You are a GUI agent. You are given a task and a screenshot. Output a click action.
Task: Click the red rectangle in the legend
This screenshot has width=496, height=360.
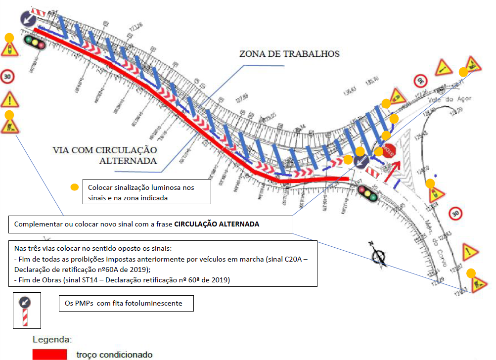pos(49,354)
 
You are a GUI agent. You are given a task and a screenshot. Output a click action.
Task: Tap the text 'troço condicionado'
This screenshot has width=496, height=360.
pos(114,355)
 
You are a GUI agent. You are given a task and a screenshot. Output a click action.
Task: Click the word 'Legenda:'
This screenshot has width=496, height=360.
pos(52,340)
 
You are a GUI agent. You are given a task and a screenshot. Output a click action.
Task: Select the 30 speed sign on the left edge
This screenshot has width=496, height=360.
pos(8,76)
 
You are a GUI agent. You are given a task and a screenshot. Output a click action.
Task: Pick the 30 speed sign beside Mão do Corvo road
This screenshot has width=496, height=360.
pos(456,214)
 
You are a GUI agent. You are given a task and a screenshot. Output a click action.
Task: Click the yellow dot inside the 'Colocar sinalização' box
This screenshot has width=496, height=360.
pos(74,187)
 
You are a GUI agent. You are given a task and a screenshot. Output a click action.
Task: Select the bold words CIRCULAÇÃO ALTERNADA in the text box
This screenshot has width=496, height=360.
pos(217,224)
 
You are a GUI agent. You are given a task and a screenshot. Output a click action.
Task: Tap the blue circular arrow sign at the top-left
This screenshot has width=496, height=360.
pos(28,19)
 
